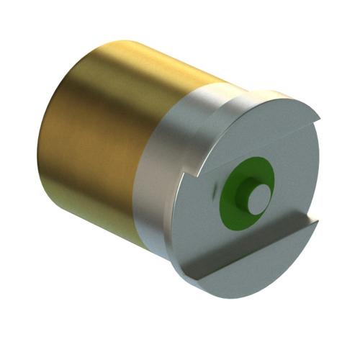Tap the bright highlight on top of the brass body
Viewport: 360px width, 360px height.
(x=130, y=68)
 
